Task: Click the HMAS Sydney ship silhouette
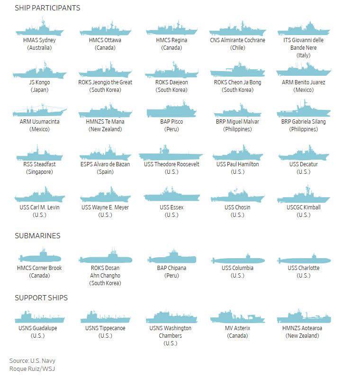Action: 39,30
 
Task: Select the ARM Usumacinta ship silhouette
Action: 39,111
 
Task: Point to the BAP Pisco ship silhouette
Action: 171,111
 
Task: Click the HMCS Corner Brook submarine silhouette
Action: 40,258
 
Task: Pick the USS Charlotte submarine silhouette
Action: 304,261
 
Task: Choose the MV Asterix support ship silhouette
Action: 237,318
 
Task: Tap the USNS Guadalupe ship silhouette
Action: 39,318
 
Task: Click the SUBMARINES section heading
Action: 37,235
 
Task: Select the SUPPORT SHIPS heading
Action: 41,298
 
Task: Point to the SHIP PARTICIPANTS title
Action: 47,8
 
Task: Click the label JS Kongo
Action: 39,82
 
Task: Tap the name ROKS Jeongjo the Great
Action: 105,82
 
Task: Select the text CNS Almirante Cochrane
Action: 237,40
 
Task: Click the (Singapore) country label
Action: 39,171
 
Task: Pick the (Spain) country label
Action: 105,171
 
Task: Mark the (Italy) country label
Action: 304,55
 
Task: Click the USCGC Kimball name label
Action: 304,207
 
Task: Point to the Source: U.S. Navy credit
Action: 32,360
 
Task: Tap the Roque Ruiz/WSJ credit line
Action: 32,369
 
